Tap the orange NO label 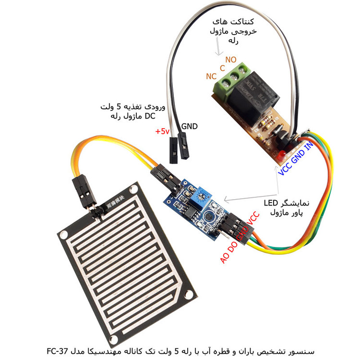(x=231, y=60)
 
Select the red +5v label (x=162, y=131)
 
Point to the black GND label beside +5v (x=190, y=127)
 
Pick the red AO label (x=225, y=257)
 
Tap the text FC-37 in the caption (x=59, y=349)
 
